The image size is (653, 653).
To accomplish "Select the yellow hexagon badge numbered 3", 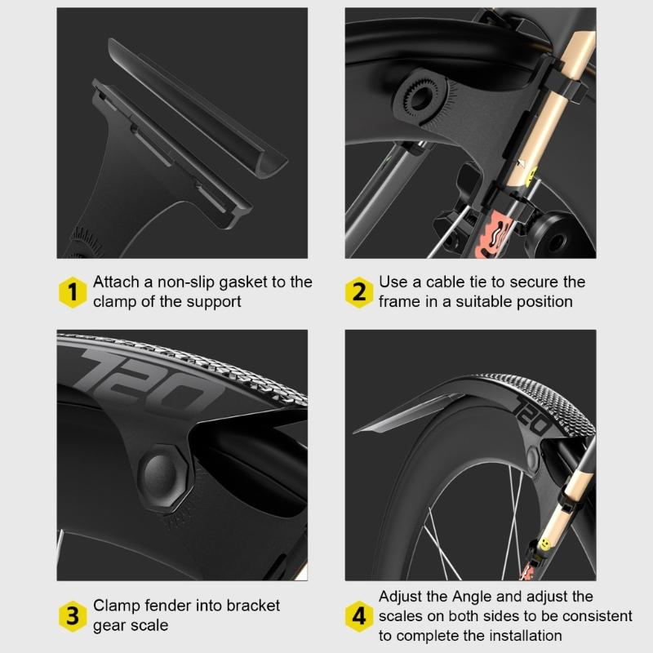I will (73, 615).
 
